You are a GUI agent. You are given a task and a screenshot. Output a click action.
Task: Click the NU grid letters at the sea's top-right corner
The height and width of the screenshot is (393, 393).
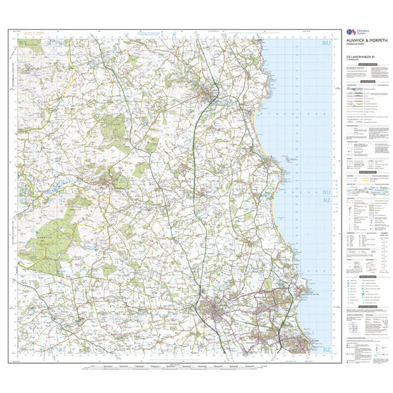coord(326,44)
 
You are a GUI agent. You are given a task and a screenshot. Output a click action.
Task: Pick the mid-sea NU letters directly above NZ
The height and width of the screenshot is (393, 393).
coord(326,192)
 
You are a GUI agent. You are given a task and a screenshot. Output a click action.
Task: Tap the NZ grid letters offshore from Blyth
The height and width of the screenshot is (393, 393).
coord(326,349)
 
